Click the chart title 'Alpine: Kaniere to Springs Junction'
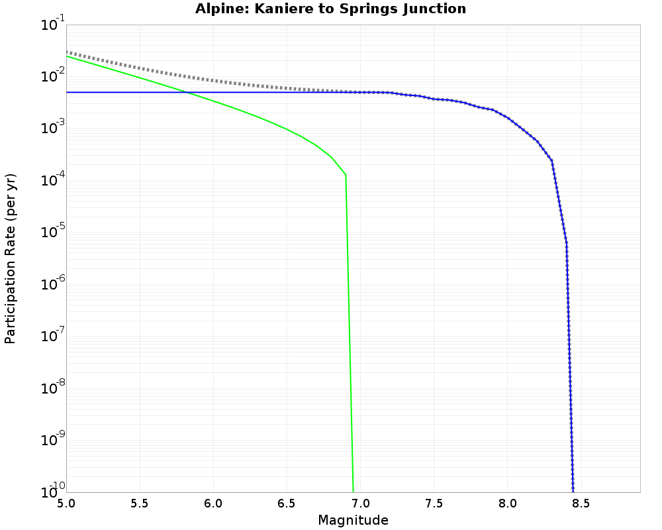(330, 9)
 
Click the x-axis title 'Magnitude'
(353, 520)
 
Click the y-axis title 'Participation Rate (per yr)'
(10, 258)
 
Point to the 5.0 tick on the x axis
(66, 503)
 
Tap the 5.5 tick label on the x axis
(139, 503)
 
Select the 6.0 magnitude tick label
(213, 503)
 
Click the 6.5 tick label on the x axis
(287, 503)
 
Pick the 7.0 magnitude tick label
(360, 503)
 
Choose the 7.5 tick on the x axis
(434, 503)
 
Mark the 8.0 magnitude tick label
(508, 503)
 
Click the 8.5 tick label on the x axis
(581, 503)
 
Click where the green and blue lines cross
(187, 92)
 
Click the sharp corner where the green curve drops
(346, 175)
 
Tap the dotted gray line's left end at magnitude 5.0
(67, 52)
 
